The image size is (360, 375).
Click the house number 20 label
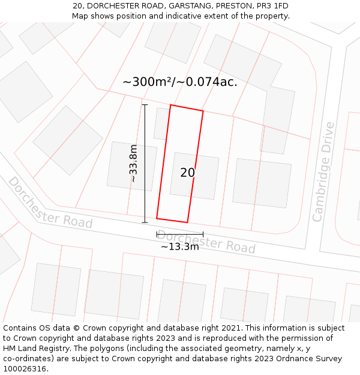coord(187,173)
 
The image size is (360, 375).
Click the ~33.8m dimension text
coord(134,163)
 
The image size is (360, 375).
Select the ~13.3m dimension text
coord(179,246)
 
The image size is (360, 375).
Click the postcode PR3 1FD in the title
coord(269,6)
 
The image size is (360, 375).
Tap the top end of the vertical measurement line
coord(145,105)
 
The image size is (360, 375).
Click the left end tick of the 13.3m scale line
coord(157,234)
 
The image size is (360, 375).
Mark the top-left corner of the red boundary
coord(170,105)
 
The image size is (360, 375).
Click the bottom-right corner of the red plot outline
coord(188,223)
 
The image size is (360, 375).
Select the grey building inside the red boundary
coord(194,176)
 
